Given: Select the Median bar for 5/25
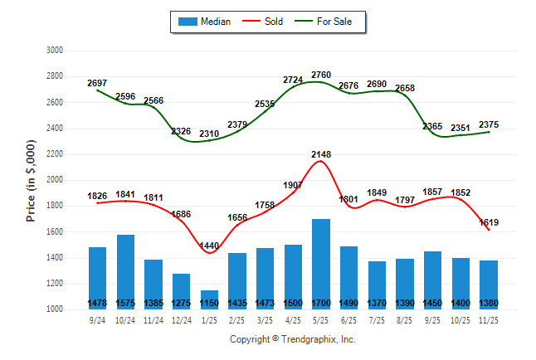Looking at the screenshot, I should (321, 261).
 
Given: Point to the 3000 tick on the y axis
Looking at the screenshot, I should (54, 50).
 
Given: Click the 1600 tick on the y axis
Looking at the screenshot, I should (54, 231).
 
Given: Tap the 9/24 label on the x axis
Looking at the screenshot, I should (98, 319).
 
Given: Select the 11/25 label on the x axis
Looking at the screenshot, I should (490, 319).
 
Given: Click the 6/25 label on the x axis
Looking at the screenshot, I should (349, 319).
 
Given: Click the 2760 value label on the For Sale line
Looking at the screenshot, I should (321, 75).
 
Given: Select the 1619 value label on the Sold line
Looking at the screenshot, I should (490, 222).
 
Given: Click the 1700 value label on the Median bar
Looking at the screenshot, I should (321, 304).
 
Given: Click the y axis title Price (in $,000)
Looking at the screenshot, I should (31, 180).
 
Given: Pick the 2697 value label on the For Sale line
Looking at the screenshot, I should (98, 84).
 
